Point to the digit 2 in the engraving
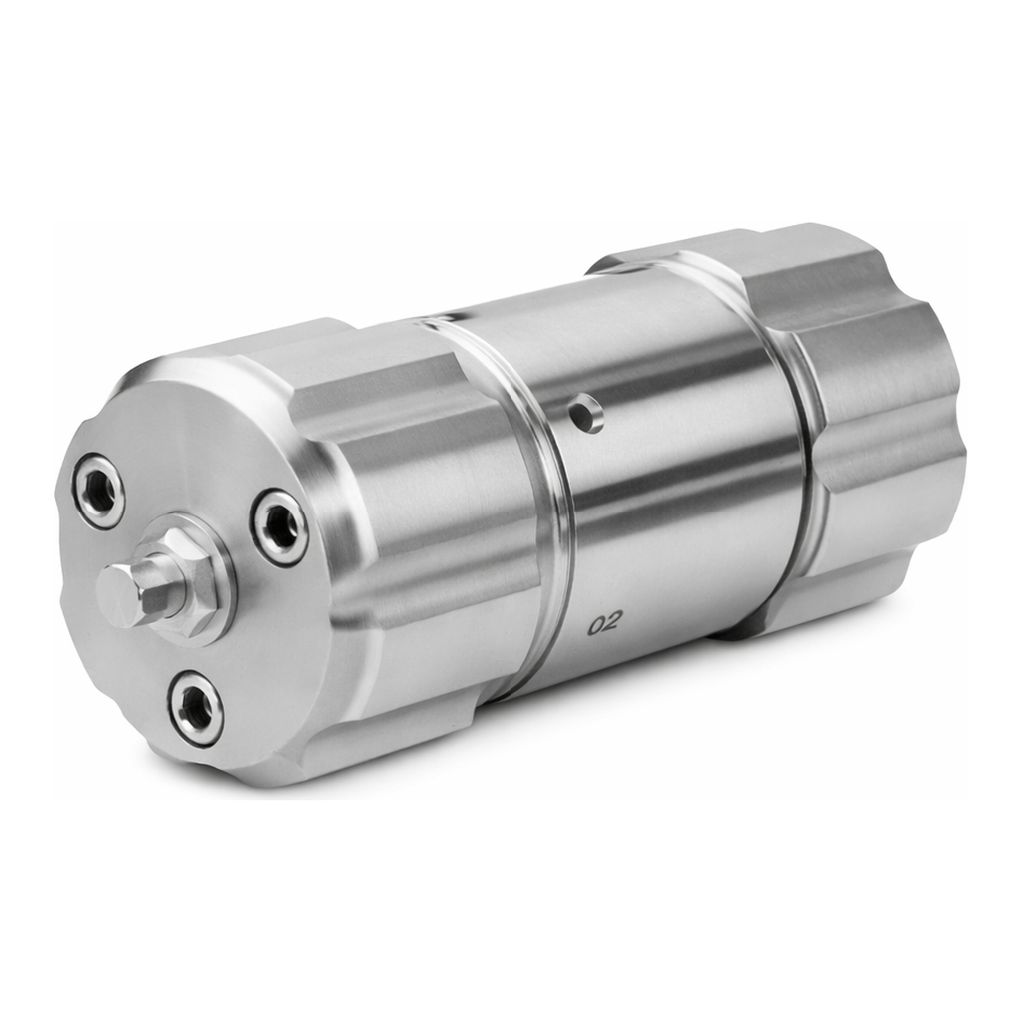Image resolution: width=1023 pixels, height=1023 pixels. [x=611, y=624]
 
